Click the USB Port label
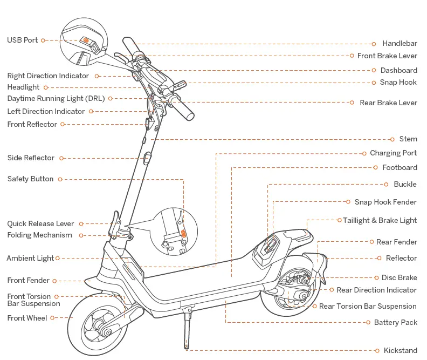tap(23, 40)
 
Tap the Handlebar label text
tap(400, 44)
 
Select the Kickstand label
tap(400, 350)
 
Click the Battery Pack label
tap(396, 322)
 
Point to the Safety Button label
tap(30, 179)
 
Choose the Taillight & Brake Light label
tap(380, 220)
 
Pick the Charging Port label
tap(393, 153)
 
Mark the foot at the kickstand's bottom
tap(187, 347)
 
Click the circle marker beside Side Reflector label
tap(61, 158)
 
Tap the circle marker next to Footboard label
tap(376, 168)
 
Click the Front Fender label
tap(29, 281)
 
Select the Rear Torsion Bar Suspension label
tap(368, 306)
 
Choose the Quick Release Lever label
tap(40, 223)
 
